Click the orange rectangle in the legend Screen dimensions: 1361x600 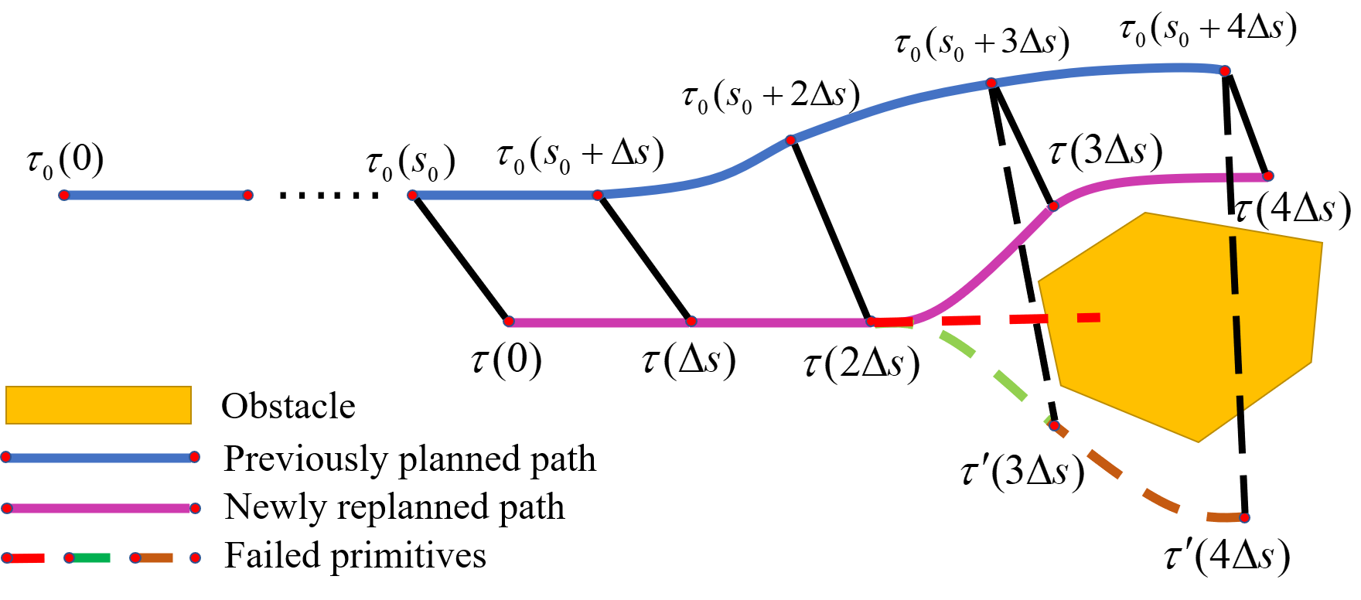(98, 404)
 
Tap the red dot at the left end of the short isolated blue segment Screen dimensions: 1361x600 (64, 195)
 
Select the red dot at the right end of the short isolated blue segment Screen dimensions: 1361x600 (247, 195)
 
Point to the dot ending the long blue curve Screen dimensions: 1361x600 (1225, 71)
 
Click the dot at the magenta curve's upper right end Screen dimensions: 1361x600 (1268, 176)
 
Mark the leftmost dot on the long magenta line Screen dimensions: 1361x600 (509, 322)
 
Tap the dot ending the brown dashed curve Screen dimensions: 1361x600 (1244, 518)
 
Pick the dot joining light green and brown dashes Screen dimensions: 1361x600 (1054, 426)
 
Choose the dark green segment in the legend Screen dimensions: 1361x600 (91, 557)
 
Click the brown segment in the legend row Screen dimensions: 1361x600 (155, 557)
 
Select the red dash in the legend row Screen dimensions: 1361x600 (26, 557)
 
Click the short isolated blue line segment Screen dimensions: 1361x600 (155, 195)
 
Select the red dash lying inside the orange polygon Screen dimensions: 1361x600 (1089, 317)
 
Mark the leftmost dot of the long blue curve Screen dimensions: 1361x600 (412, 195)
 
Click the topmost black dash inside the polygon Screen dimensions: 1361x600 (1234, 265)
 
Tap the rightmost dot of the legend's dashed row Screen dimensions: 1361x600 (195, 557)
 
